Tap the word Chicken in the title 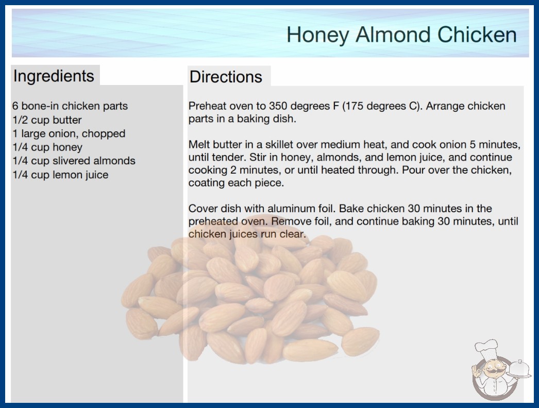477,35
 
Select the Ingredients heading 54,76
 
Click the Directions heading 226,77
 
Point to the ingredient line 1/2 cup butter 47,120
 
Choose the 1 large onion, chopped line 69,134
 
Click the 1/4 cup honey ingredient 47,147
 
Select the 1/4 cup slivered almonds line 74,161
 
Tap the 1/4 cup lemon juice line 60,175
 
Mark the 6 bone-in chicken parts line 70,106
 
